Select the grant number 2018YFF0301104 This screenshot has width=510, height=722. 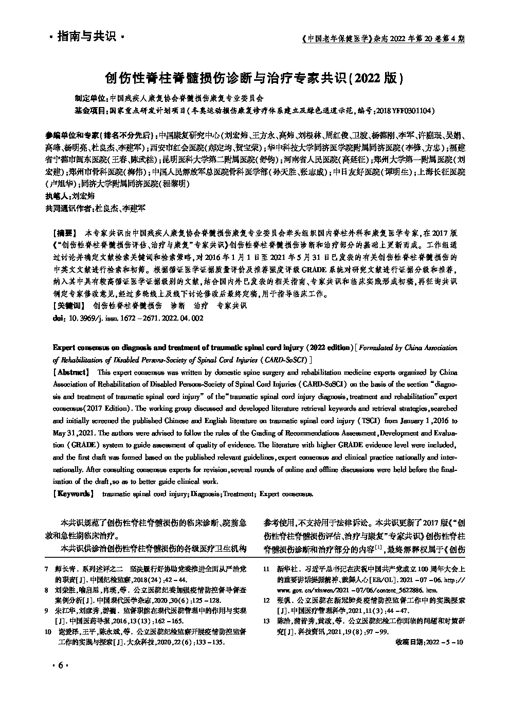(x=407, y=111)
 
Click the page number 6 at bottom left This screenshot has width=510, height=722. (x=60, y=665)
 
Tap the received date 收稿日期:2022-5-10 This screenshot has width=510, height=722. (x=430, y=643)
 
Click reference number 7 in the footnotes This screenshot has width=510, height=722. (x=47, y=570)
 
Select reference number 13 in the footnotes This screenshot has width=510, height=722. (x=266, y=621)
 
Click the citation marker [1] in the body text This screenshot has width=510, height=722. (x=378, y=547)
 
